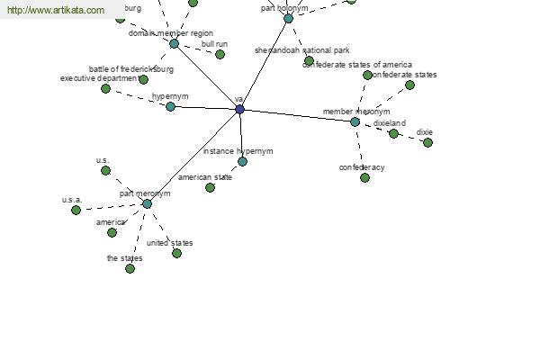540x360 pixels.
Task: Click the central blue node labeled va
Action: (239, 109)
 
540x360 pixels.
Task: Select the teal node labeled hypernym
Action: (170, 106)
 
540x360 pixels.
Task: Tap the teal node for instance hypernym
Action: (242, 162)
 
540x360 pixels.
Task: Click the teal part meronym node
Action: (147, 203)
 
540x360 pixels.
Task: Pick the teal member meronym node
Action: (355, 121)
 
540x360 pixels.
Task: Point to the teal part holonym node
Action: (288, 18)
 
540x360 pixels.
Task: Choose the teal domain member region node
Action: (174, 43)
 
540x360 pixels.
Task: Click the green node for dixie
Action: (427, 142)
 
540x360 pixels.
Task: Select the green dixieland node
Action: (393, 133)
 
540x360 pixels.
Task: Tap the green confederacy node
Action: (364, 177)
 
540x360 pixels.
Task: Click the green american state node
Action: (210, 187)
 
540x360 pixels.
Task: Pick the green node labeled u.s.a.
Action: (76, 210)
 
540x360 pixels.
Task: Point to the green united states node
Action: (176, 253)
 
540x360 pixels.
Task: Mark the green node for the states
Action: (130, 268)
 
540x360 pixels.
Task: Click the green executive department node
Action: (105, 88)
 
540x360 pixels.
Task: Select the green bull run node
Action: (220, 54)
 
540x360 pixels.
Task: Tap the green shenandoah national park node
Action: (309, 60)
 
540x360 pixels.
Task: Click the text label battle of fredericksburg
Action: (131, 69)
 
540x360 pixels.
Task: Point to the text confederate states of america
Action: (357, 65)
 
